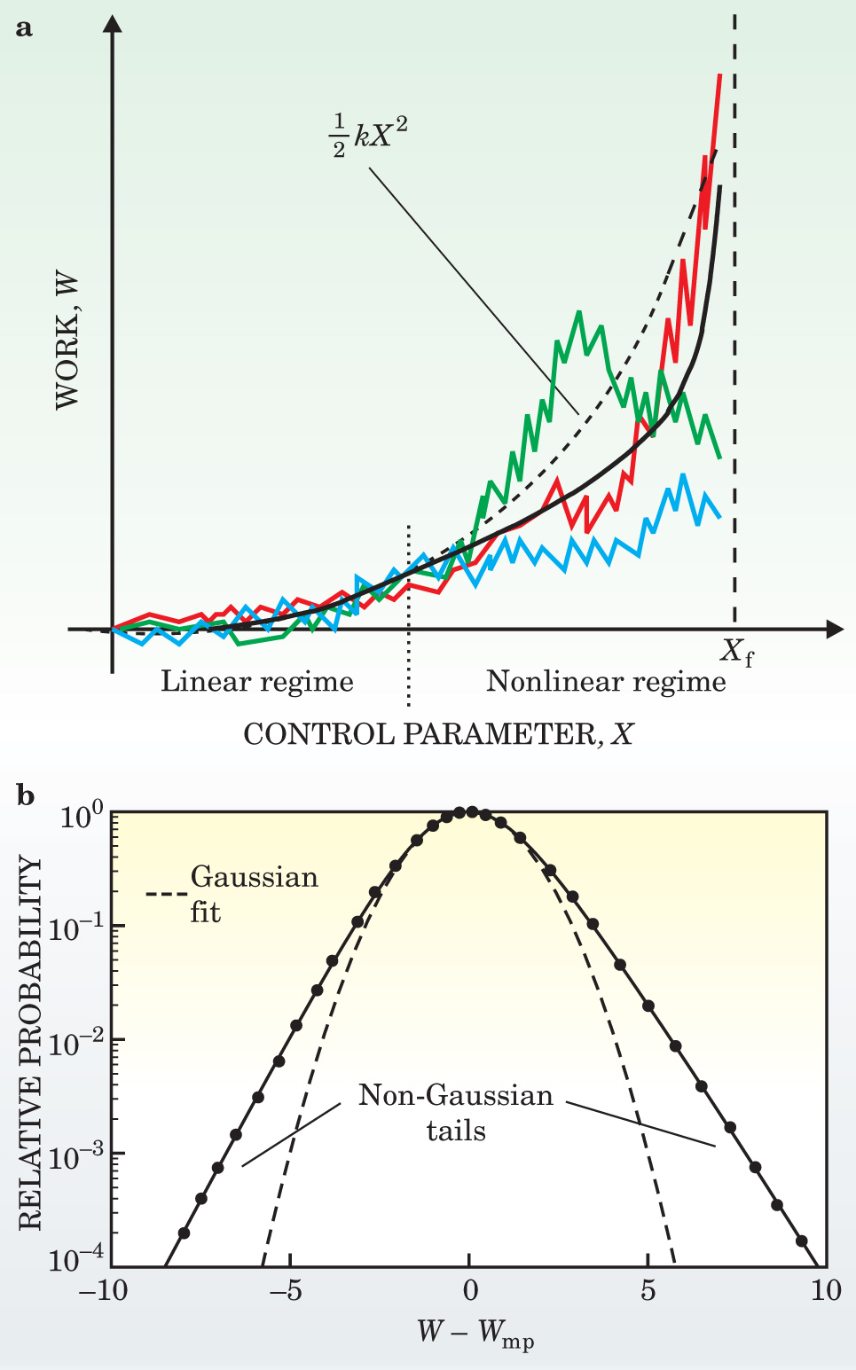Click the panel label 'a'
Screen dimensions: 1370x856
tap(25, 28)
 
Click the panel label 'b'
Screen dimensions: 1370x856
tap(26, 795)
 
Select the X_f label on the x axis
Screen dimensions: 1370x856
tap(736, 654)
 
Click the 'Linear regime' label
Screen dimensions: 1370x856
tap(257, 682)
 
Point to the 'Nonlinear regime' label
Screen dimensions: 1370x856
tap(606, 682)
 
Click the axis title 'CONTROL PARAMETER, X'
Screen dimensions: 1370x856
tap(438, 734)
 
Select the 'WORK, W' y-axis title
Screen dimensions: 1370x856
tap(67, 342)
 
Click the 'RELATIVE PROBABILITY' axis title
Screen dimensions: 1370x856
tap(30, 1043)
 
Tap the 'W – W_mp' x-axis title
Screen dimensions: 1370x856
tap(475, 1332)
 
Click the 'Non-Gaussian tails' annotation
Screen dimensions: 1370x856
tap(456, 1113)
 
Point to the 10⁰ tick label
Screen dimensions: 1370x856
tap(82, 815)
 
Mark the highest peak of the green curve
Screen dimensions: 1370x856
tap(578, 312)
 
